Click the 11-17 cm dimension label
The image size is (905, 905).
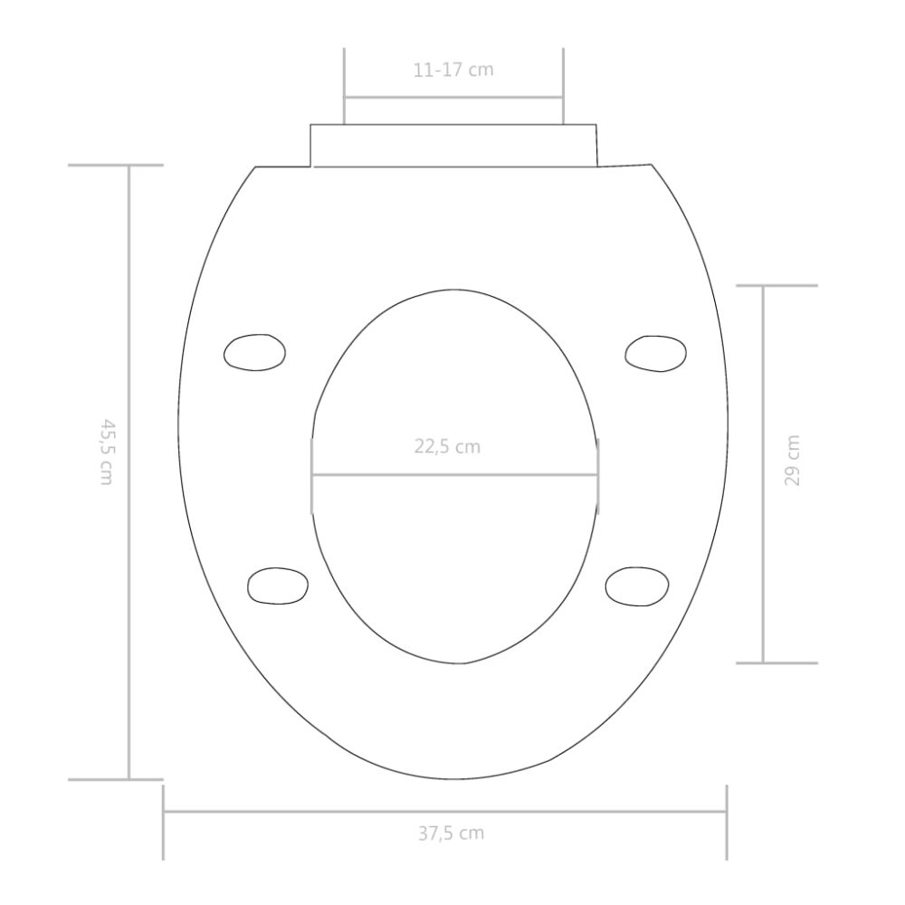pyautogui.click(x=453, y=70)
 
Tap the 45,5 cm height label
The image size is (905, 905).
pyautogui.click(x=106, y=452)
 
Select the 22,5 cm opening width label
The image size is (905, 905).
pyautogui.click(x=447, y=447)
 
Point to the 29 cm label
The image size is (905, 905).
pyautogui.click(x=793, y=461)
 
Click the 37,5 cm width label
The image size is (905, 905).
pyautogui.click(x=452, y=834)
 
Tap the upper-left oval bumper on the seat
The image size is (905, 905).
pyautogui.click(x=254, y=352)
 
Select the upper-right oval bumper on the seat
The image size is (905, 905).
pyautogui.click(x=655, y=353)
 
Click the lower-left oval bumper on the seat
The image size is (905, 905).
pyautogui.click(x=278, y=586)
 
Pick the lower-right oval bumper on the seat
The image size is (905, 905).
pyautogui.click(x=636, y=586)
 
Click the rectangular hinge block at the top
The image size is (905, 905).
pyautogui.click(x=453, y=146)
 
